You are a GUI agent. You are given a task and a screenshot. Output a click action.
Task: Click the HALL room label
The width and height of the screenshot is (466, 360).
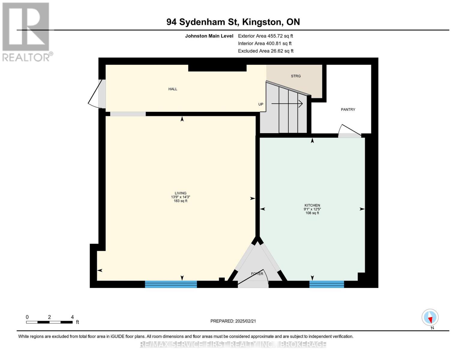click(173, 89)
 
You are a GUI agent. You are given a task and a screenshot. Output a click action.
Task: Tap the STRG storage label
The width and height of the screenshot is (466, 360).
click(296, 76)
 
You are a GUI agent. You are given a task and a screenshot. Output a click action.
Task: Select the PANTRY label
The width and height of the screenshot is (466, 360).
click(348, 109)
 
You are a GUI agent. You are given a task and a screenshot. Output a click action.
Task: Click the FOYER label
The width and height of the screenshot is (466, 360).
click(257, 274)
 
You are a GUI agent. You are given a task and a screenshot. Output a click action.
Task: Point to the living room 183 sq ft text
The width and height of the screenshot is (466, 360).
click(180, 201)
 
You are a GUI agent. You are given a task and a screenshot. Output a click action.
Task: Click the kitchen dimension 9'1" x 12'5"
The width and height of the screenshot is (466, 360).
click(312, 209)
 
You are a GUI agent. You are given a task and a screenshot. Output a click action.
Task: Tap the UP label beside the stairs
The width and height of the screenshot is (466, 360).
click(261, 104)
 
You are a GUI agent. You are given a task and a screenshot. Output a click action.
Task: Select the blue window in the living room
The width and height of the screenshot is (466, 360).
click(171, 284)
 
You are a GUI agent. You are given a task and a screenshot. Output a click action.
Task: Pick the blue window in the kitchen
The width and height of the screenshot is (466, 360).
click(326, 284)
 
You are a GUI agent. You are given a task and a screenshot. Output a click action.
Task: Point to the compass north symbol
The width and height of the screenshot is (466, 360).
click(430, 317)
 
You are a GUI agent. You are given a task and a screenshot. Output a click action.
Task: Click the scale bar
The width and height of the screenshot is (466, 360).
click(49, 322)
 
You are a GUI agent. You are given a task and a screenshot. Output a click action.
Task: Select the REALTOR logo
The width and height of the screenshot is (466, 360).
click(26, 32)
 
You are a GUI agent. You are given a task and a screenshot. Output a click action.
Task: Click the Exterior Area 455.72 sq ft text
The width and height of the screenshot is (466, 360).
click(265, 36)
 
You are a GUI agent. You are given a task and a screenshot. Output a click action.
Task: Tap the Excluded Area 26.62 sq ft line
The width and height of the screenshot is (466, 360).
click(266, 51)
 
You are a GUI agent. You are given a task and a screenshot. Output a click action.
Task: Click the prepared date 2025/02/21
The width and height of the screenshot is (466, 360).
click(233, 321)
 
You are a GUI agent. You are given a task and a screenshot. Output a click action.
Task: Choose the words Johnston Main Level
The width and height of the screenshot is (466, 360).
click(209, 36)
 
